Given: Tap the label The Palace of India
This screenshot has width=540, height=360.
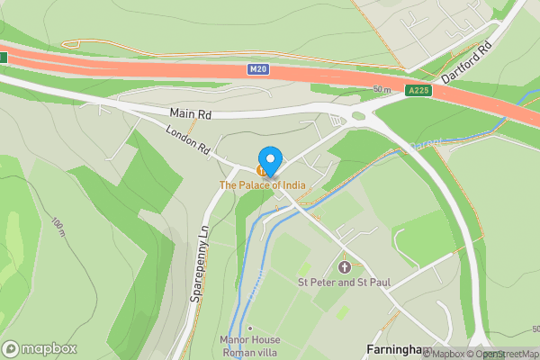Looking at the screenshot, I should [263, 185].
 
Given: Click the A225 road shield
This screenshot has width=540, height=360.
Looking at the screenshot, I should [418, 90].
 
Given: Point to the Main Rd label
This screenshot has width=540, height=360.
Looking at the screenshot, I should [191, 114].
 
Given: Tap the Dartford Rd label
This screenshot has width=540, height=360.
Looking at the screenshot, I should [466, 60].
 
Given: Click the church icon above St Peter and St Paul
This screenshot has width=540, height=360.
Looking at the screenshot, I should [345, 267].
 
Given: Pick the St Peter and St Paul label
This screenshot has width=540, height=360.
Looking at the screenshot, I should [345, 283].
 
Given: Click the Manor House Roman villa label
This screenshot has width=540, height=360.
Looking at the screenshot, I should [250, 346].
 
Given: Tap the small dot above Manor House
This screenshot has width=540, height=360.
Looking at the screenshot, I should [250, 328].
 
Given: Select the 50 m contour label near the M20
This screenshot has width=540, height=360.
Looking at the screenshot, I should [382, 89].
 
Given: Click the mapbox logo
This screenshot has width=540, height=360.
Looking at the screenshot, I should [40, 348].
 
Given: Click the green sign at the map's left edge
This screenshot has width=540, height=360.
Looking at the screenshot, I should [3, 57].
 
